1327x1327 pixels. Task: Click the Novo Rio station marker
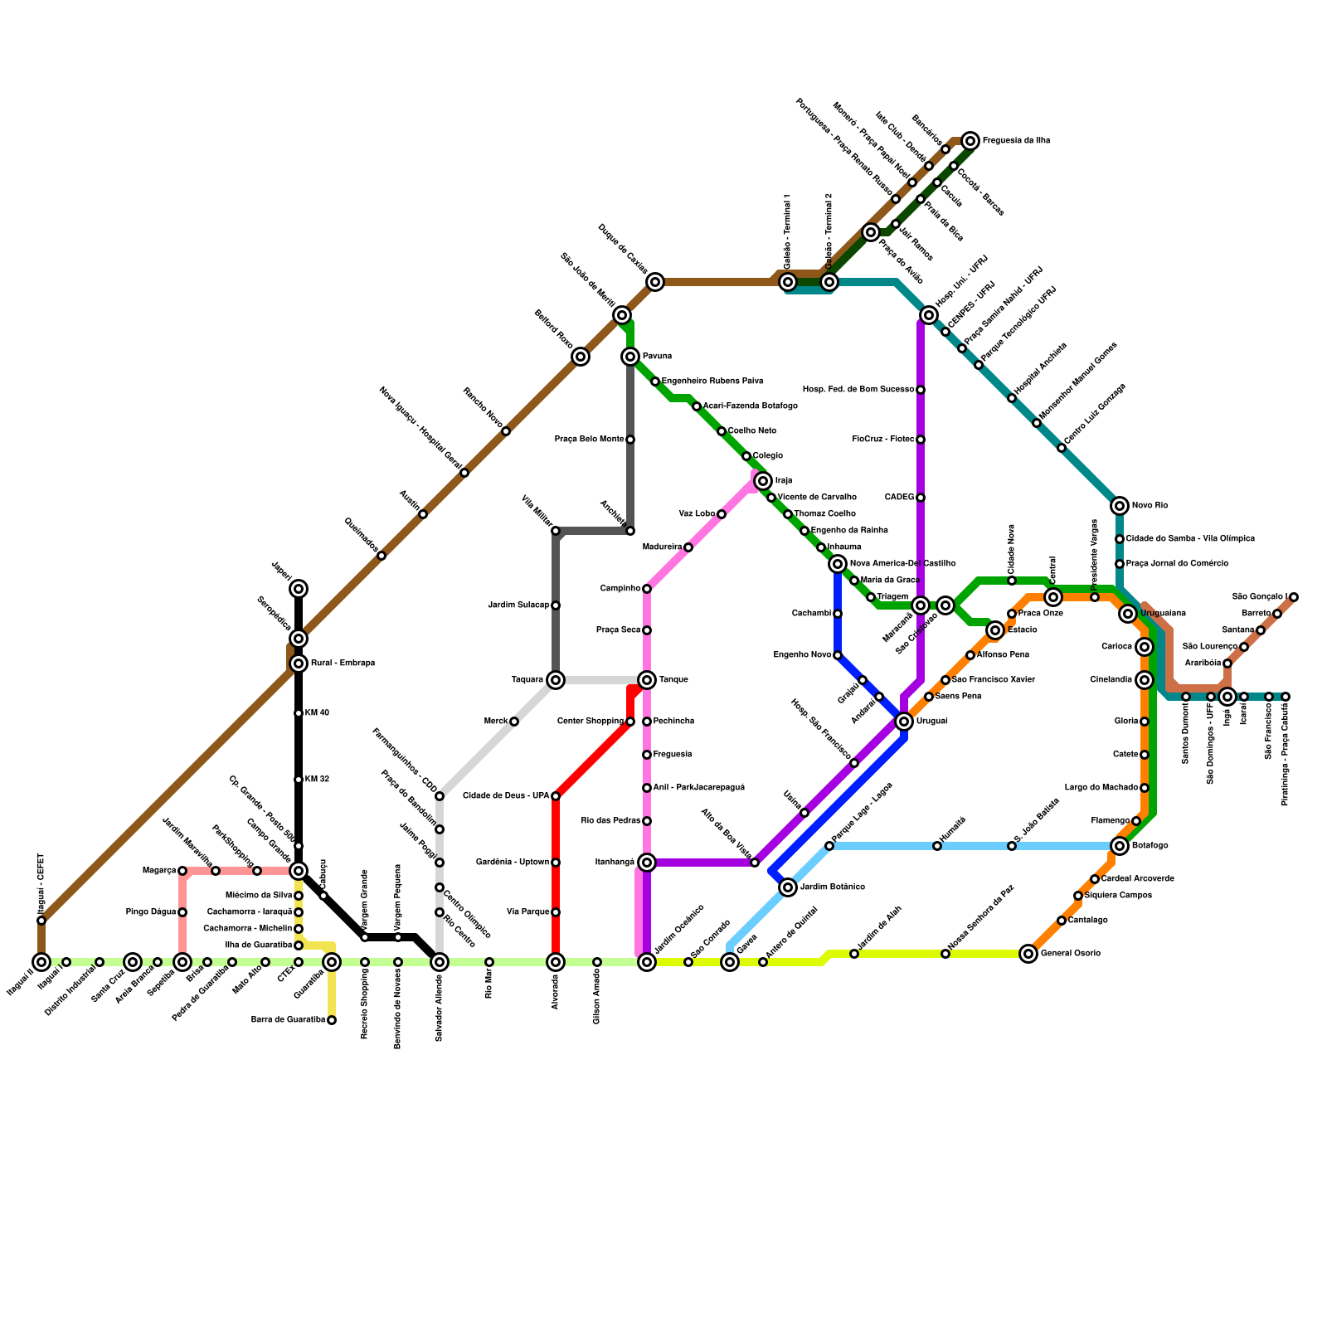[x=1120, y=506]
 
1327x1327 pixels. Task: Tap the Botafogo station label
[x=1150, y=846]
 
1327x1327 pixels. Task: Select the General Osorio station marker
[x=1028, y=954]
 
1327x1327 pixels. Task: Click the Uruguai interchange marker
[x=904, y=722]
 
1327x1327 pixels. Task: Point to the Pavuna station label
[x=657, y=357]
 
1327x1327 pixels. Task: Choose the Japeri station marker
[x=299, y=589]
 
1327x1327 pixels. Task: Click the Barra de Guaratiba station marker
[x=332, y=1020]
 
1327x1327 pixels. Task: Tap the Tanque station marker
[x=647, y=680]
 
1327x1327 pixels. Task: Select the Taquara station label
[x=527, y=680]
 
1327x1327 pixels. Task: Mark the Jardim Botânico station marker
[x=788, y=887]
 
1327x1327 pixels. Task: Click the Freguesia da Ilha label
[x=1016, y=141]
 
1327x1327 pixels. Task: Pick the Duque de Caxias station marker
[x=655, y=282]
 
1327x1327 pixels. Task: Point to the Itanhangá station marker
[x=647, y=863]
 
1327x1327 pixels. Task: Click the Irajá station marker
[x=763, y=481]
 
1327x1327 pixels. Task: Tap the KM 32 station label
[x=317, y=780]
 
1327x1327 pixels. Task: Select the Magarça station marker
[x=182, y=871]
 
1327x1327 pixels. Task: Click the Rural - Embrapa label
[x=343, y=663]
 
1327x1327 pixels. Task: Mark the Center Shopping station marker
[x=630, y=722]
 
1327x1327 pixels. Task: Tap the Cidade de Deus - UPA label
[x=506, y=796]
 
